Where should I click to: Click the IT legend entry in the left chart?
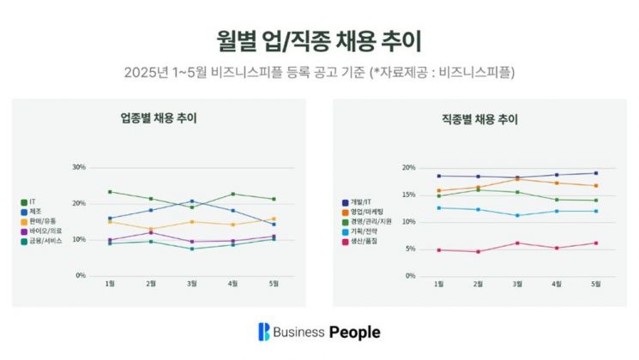31,202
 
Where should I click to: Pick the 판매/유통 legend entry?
40,221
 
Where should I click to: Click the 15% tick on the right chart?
408,195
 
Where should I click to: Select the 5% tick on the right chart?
410,249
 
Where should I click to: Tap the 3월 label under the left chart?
191,284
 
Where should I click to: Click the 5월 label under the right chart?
595,284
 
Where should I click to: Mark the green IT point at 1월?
110,192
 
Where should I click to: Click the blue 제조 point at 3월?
191,201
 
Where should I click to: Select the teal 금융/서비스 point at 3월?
191,249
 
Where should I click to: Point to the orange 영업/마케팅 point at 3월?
517,178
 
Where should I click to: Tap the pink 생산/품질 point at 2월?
478,252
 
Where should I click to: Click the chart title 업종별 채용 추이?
160,118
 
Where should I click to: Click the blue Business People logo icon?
264,332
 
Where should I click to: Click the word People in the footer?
354,332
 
